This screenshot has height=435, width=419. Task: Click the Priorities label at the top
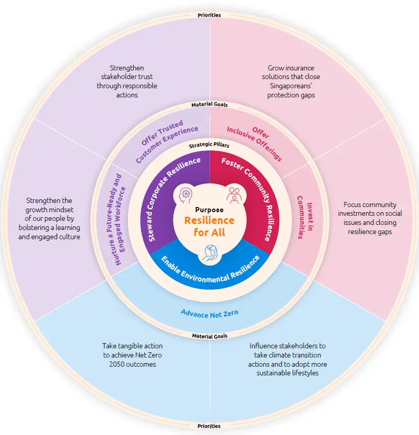point(209,15)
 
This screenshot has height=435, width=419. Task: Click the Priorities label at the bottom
point(209,426)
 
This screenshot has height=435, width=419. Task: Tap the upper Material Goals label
point(209,105)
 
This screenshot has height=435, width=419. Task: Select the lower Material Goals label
point(209,336)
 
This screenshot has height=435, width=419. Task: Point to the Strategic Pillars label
point(209,145)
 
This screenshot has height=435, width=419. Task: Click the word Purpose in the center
point(209,210)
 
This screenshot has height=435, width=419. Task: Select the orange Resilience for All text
point(209,226)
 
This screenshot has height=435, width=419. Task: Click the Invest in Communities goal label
point(304,217)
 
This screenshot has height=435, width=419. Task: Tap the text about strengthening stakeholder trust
point(127,81)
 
